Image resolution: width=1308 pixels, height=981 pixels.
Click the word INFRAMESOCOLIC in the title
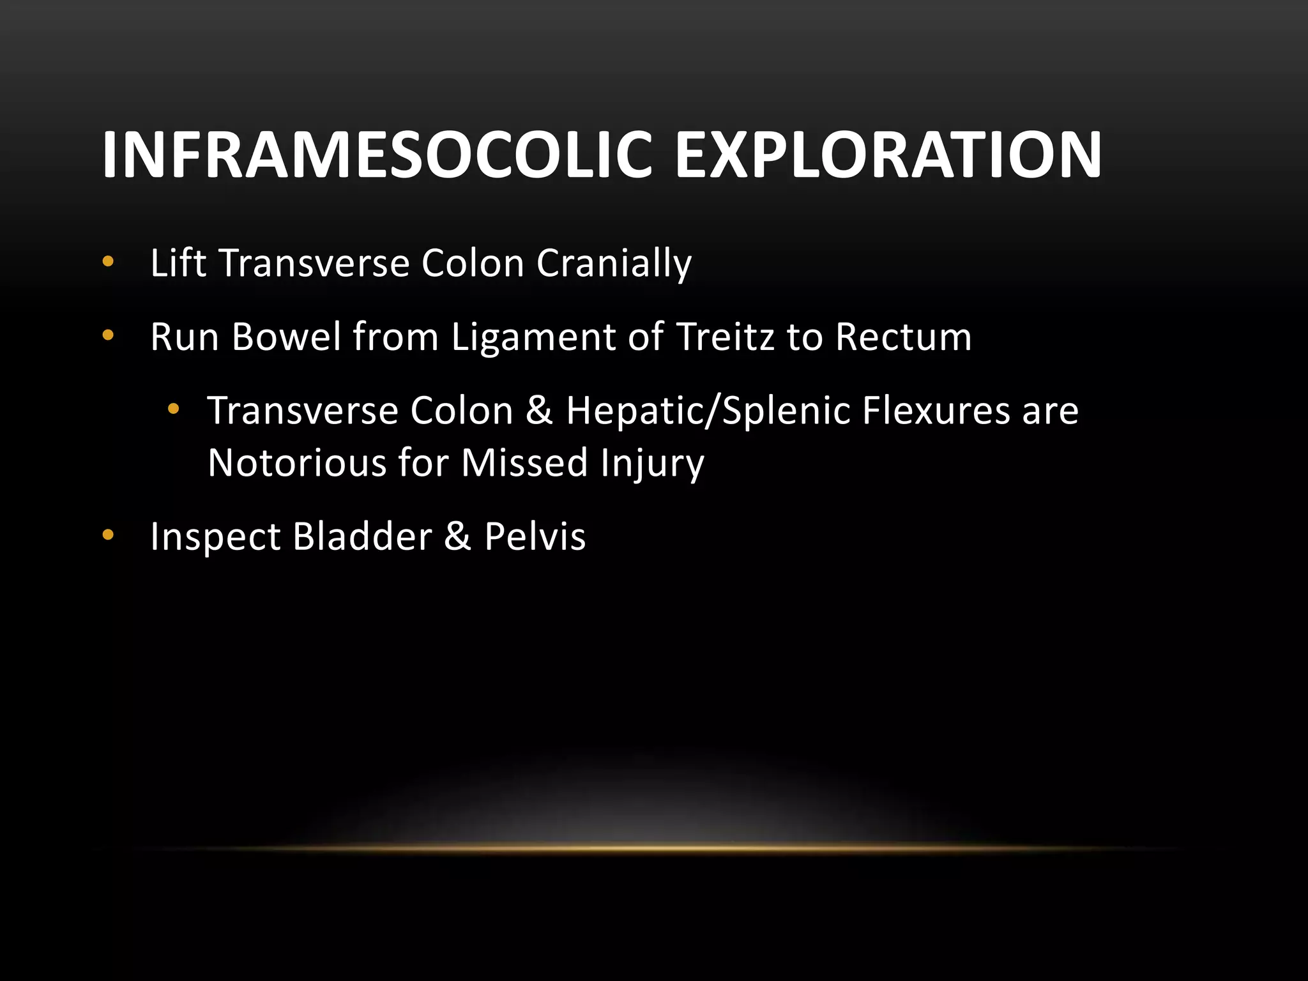point(377,155)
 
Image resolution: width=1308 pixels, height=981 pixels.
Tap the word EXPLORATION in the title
point(888,155)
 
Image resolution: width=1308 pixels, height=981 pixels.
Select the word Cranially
point(614,264)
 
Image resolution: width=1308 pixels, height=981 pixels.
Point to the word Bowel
point(287,337)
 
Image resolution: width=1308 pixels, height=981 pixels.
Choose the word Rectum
point(903,337)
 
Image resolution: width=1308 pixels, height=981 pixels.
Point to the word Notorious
point(297,462)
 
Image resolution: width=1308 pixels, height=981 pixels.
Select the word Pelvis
point(535,536)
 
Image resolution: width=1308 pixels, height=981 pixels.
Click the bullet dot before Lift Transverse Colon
point(107,262)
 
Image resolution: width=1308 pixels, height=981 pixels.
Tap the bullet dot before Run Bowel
point(107,335)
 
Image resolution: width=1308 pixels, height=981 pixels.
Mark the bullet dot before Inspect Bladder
point(107,535)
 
